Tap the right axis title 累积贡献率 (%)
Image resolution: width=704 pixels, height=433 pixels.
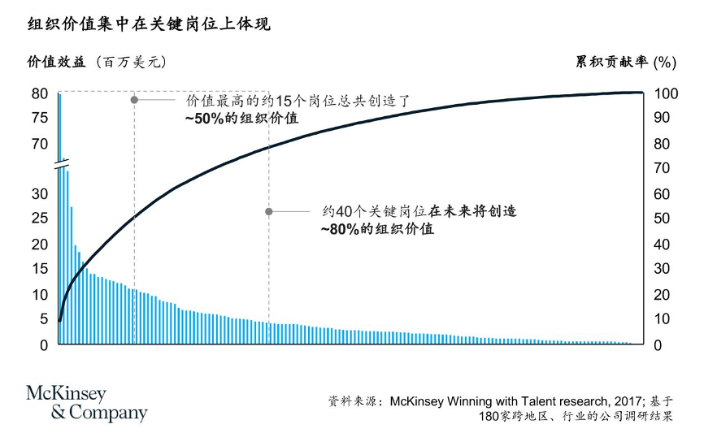[x=626, y=62]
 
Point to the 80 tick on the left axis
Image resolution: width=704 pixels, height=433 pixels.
[x=40, y=93]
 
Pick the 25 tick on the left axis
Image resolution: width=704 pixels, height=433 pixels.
[x=40, y=219]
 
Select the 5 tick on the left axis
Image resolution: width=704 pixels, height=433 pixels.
[x=44, y=319]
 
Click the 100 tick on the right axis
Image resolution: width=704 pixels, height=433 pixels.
[x=665, y=93]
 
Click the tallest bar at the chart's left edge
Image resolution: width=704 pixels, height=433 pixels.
[x=59, y=211]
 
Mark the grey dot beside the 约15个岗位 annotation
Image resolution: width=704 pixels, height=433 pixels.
[x=134, y=101]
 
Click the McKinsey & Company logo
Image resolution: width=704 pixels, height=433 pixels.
[x=87, y=404]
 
